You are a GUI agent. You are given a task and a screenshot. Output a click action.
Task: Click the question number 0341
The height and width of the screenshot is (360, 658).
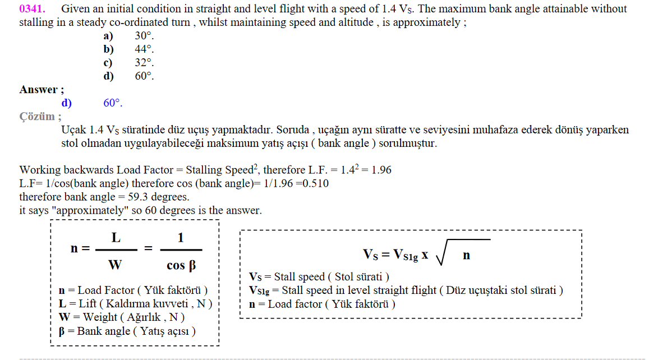pos(33,9)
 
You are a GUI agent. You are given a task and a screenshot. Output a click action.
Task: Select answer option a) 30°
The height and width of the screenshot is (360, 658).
pos(128,36)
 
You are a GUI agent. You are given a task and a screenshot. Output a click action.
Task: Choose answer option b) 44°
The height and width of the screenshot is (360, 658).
pos(128,49)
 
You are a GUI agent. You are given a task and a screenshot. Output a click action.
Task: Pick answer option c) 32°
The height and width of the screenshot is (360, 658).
pos(128,63)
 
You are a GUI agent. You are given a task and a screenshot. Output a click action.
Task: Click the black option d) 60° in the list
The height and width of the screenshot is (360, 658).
pos(128,76)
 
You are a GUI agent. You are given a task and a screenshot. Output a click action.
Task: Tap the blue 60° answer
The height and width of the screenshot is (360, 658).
pos(113,103)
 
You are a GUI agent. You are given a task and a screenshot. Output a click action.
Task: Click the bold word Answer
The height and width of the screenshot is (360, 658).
pos(38,90)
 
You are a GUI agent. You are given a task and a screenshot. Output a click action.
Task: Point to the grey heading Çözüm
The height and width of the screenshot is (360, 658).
pos(37,117)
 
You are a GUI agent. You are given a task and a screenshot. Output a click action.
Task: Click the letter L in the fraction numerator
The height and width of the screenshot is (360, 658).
pos(116,238)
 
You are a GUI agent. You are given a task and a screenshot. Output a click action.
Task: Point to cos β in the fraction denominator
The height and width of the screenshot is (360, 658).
pos(181,266)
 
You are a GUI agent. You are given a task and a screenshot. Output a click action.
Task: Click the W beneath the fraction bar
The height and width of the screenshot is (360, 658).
pos(115,265)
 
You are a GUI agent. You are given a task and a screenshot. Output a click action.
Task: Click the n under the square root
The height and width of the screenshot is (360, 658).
pos(466,255)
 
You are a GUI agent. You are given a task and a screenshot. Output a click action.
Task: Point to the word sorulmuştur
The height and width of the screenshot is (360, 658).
pos(408,144)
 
